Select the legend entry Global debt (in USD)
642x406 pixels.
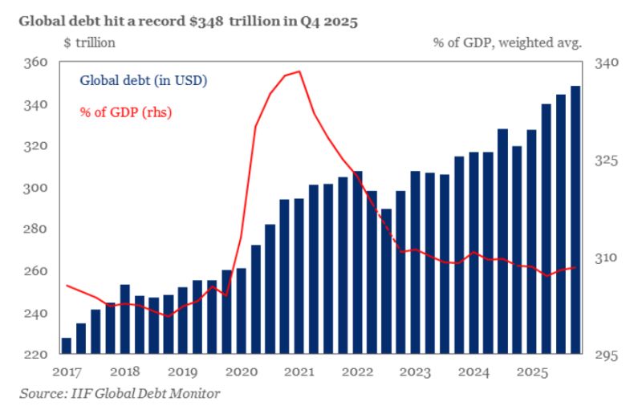coord(143,80)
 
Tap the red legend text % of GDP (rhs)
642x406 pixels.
coord(125,111)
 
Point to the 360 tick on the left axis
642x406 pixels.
coord(37,63)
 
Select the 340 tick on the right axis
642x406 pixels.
coord(607,63)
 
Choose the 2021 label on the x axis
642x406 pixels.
coord(299,372)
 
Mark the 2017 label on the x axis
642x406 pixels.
coord(67,372)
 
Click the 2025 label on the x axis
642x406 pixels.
coord(532,372)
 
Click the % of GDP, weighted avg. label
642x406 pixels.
coord(506,43)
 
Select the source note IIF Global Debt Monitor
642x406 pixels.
coord(120,393)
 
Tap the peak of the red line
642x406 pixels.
coord(299,71)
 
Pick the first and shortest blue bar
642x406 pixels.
coord(66,346)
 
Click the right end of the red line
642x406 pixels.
coord(575,267)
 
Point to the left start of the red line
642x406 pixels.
coord(66,285)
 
